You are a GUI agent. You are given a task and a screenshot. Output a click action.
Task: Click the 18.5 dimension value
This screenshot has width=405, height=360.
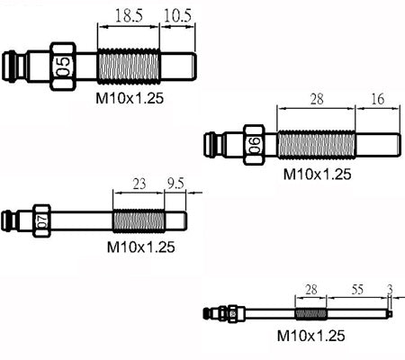coord(129,15)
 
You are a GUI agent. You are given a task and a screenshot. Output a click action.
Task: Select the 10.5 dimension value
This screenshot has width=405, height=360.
coord(177,15)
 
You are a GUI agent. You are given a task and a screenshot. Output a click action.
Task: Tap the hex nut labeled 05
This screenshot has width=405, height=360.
coord(63,67)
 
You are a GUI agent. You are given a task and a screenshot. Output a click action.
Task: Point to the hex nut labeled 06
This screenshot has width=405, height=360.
coord(254,145)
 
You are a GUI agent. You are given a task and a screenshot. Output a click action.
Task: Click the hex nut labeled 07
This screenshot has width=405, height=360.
coord(41,220)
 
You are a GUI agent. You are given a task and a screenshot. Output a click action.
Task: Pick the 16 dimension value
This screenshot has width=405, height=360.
coord(378,99)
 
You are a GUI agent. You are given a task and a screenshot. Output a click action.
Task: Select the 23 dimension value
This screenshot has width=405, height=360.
coord(139,184)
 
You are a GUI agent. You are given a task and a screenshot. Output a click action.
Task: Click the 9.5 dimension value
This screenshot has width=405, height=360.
coord(175,184)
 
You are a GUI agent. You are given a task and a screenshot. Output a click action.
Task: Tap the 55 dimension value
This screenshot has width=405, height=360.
coord(357,289)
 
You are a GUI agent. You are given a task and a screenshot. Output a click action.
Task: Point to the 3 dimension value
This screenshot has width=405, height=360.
coord(390,289)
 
